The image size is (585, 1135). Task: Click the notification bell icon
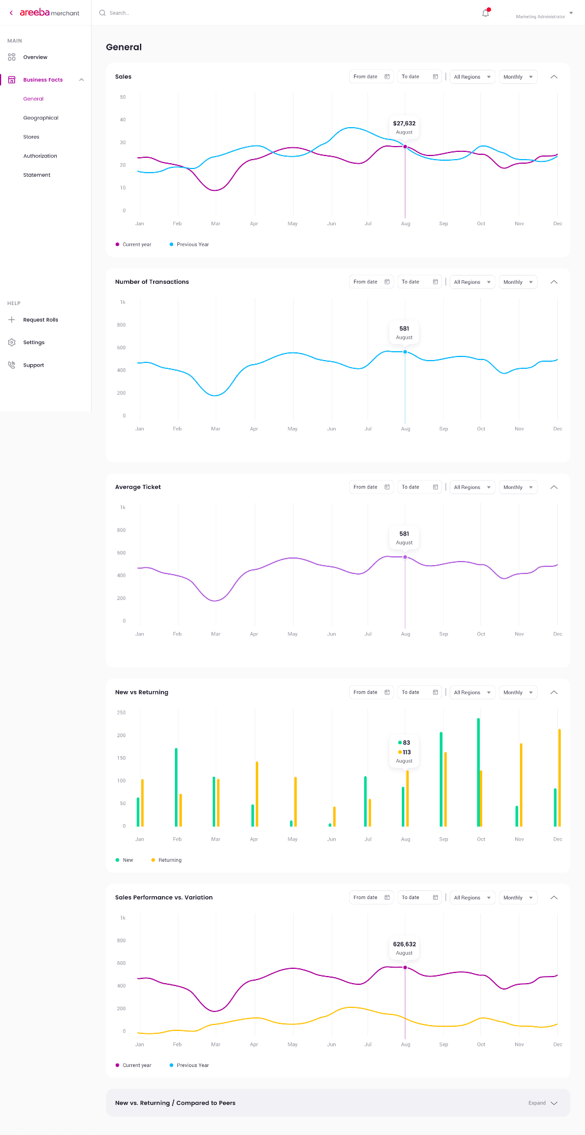coord(486,13)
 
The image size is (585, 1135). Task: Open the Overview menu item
coord(35,57)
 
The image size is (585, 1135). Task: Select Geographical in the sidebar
coord(41,118)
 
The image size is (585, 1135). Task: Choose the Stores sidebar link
coord(31,137)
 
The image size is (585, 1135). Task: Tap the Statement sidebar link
coord(37,175)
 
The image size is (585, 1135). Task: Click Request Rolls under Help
coord(41,320)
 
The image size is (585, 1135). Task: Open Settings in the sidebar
coord(34,343)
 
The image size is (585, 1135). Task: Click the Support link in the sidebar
coord(34,365)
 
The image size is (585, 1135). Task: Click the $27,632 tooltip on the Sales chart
coord(404,127)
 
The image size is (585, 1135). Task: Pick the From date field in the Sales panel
coord(371,77)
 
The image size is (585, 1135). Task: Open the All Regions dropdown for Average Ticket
coord(472,487)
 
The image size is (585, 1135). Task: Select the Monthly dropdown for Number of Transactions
coord(518,282)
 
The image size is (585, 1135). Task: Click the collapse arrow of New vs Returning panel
coord(554,692)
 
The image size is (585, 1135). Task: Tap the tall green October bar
coord(478,771)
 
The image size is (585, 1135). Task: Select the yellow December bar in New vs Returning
coord(560,777)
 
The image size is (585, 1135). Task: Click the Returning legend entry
coord(170,860)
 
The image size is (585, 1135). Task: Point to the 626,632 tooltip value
coord(404,944)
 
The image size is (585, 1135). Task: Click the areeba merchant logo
coord(50,12)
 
